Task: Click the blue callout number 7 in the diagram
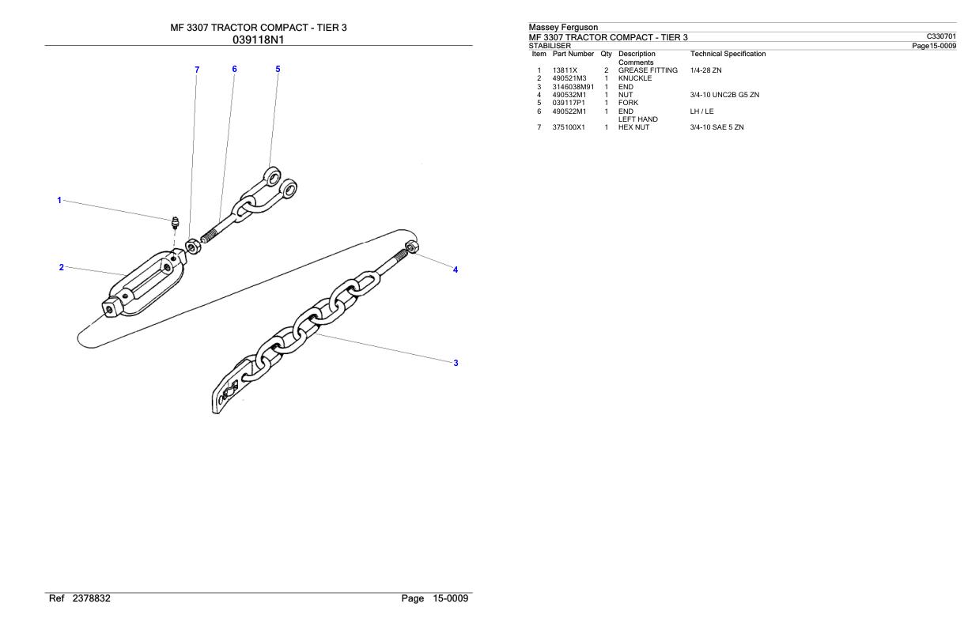tap(197, 70)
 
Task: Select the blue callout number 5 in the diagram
tap(278, 69)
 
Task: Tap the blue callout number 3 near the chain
tap(456, 363)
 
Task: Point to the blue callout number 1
tap(59, 200)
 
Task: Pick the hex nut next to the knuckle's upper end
tap(192, 247)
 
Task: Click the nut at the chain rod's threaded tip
tap(412, 247)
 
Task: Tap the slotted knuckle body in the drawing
tap(145, 283)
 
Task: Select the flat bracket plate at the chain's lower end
tap(230, 386)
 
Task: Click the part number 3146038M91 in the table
tap(573, 87)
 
